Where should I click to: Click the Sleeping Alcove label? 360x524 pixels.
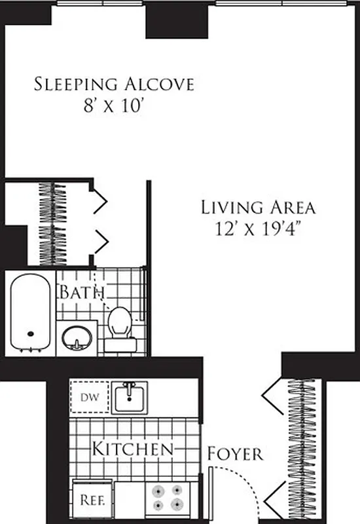tap(114, 84)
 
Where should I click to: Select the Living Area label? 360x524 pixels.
tap(258, 208)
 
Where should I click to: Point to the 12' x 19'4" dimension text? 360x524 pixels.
tap(258, 229)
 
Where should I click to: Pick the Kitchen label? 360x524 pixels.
tap(132, 449)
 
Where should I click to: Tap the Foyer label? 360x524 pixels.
tap(235, 453)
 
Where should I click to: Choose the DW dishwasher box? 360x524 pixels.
tap(88, 396)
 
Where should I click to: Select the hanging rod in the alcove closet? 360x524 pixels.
tap(50, 223)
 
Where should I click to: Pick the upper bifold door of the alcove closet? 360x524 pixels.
tap(99, 202)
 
